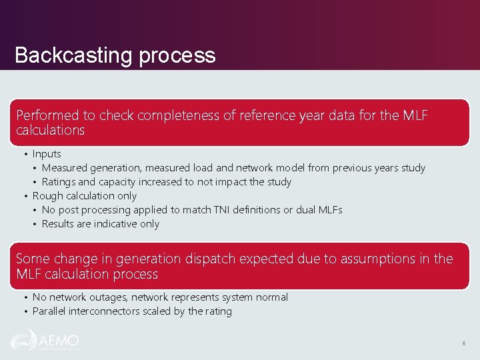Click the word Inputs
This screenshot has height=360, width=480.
click(47, 154)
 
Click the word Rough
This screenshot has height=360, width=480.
click(47, 196)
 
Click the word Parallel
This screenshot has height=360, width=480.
click(50, 311)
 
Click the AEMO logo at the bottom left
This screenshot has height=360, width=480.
click(45, 341)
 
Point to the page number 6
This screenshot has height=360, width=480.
click(463, 343)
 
